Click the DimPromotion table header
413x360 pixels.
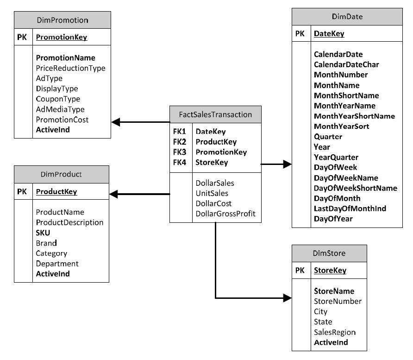[63, 20]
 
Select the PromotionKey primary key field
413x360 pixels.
[62, 37]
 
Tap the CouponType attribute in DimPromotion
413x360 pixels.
[58, 99]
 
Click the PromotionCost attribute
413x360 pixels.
[62, 120]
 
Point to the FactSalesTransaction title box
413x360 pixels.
[215, 114]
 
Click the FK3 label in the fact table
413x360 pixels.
[180, 152]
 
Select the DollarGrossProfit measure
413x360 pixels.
[225, 214]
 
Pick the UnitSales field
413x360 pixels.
[212, 193]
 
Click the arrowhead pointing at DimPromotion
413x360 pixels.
[116, 122]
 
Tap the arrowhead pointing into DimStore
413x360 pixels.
[287, 298]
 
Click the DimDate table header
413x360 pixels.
[347, 17]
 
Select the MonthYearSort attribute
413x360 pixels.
[341, 126]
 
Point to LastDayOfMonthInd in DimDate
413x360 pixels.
[350, 208]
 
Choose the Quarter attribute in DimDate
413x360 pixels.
[328, 137]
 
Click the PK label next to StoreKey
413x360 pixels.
[300, 270]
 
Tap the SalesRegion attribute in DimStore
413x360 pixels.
[334, 332]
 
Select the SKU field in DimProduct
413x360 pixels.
[43, 233]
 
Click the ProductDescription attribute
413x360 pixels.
[69, 222]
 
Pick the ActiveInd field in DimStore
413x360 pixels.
[331, 342]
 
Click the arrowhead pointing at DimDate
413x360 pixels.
[287, 164]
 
